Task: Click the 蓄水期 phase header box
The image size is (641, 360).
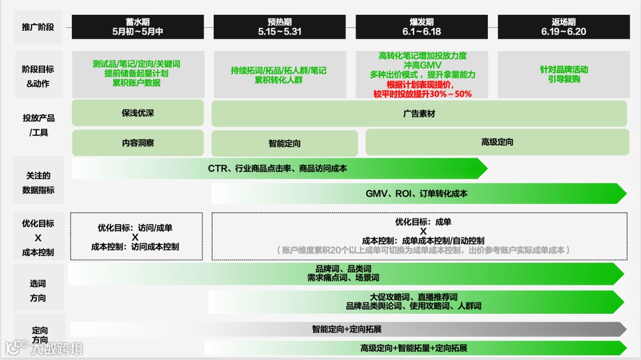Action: pos(138,27)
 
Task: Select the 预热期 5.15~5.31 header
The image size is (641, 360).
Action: pos(280,27)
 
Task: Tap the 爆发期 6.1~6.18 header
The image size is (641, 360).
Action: pos(421,27)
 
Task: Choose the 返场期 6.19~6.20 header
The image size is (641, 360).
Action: pos(563,27)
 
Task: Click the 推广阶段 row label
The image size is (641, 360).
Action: pos(38,27)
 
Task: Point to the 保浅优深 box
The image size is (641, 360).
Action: pos(138,113)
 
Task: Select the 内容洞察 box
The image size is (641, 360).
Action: pos(138,143)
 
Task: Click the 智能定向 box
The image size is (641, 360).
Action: pos(284,144)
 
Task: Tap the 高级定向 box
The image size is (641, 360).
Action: pos(497,142)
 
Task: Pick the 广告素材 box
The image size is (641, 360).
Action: pos(419,113)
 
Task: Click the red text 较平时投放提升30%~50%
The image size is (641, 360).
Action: pos(422,94)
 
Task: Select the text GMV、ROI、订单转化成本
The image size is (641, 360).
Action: pos(416,193)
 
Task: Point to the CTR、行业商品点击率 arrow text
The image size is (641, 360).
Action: pos(277,168)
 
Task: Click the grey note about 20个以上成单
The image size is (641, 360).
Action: pos(423,250)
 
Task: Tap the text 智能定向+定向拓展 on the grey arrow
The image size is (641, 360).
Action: pos(347,329)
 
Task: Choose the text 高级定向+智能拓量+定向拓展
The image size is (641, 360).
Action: pos(414,348)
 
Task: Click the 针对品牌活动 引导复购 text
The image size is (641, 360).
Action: pos(564,74)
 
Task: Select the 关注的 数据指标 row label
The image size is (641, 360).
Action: pos(38,183)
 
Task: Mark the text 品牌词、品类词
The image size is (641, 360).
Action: pos(343,269)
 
